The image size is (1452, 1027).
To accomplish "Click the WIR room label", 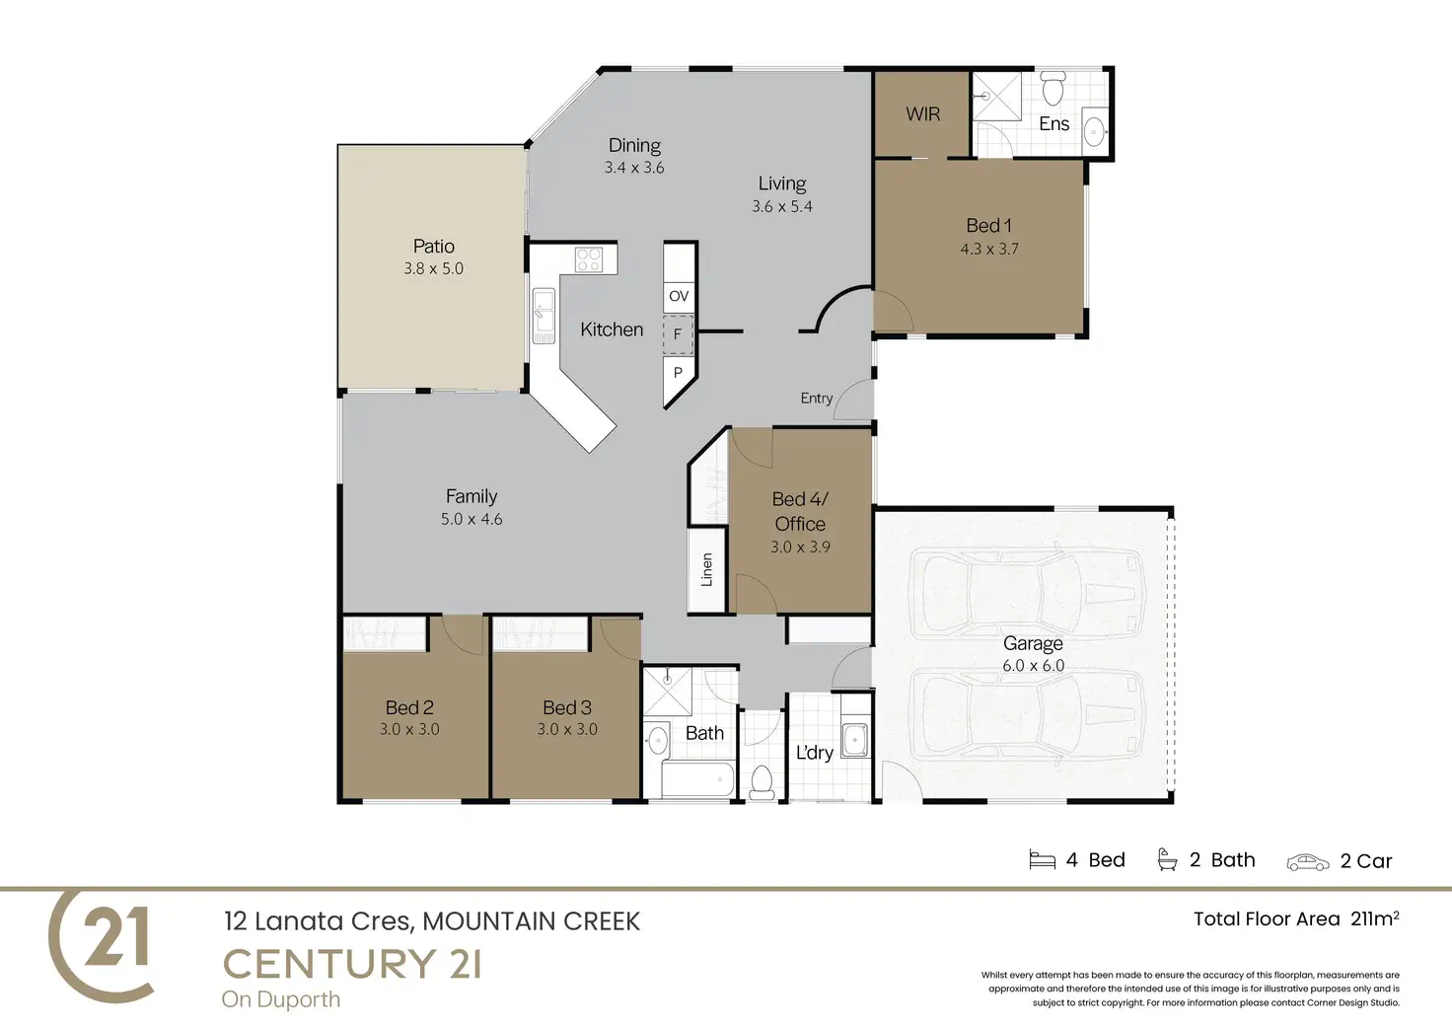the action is pos(922,114).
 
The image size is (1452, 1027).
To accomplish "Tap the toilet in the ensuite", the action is pos(1053,88).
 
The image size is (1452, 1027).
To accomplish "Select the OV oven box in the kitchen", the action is pos(679,296).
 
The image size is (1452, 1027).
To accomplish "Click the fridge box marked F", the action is pos(678,334).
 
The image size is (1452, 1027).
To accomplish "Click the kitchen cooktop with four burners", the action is pos(589,259).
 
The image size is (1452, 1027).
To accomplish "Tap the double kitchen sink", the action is pos(544,316).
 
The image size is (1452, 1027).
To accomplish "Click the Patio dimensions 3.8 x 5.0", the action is pos(434,268).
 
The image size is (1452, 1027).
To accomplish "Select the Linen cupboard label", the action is pos(706,570).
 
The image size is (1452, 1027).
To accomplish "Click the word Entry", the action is pos(817,399).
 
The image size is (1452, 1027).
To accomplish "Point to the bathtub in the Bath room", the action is pos(697,779).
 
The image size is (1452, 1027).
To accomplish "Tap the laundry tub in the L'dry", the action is pos(855,740).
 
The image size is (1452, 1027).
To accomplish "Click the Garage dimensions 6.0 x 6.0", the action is pos(1033,665).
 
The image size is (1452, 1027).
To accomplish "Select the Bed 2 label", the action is pos(409,707).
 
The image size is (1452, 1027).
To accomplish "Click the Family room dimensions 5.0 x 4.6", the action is pos(472,519).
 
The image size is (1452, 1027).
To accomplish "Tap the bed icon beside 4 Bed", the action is pos(1043,859).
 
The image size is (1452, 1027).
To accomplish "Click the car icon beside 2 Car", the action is pos(1307,862).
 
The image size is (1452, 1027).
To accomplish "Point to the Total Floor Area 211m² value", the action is pos(1374,918).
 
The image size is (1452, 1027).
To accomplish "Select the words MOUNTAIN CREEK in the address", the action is pos(532,921).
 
